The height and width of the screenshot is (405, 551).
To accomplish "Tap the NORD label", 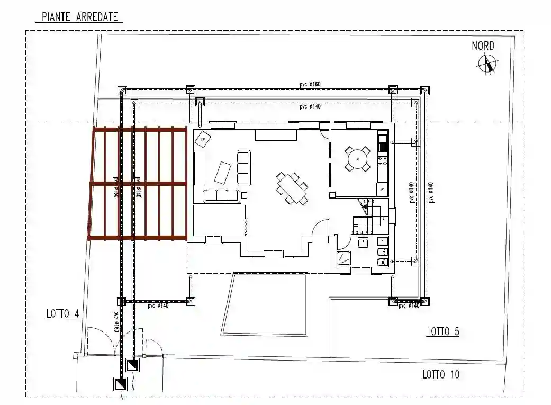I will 483,46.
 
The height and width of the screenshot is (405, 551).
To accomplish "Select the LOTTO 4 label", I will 62,314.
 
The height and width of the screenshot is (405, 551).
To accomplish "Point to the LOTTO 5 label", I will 443,332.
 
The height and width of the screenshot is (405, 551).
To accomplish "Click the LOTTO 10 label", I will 440,375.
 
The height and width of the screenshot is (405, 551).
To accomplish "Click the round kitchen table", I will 358,158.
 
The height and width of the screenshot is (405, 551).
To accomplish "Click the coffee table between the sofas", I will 222,172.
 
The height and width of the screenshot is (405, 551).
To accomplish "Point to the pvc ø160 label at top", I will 310,84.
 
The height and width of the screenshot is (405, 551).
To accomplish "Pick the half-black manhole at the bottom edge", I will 120,384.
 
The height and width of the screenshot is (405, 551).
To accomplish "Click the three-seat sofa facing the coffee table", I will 222,195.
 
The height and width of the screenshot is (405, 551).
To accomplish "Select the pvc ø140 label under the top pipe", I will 310,107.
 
